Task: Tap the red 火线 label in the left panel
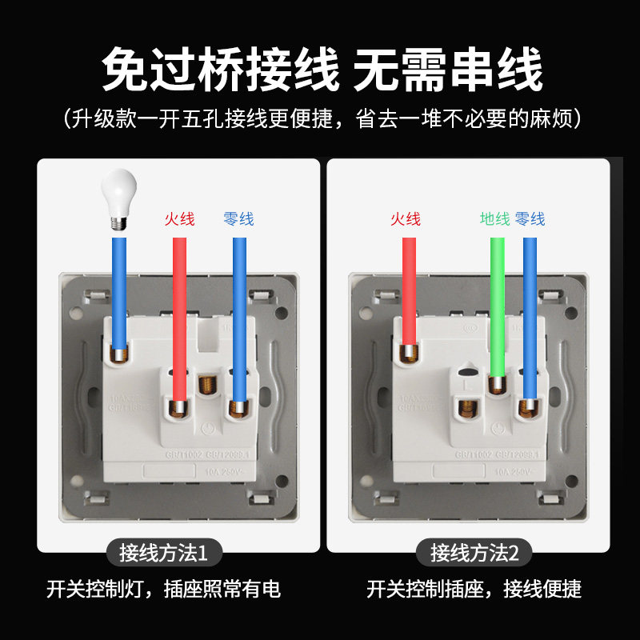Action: (x=180, y=218)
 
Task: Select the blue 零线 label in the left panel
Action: (x=239, y=218)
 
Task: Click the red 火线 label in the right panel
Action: (x=406, y=218)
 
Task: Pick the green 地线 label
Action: (x=494, y=218)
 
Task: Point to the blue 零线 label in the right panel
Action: (x=530, y=218)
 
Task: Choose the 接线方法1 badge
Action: (x=163, y=552)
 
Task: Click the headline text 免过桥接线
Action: (x=220, y=70)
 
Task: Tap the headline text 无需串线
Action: (x=447, y=70)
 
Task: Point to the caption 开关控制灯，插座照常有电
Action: (x=163, y=590)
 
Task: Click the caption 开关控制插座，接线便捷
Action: (x=474, y=590)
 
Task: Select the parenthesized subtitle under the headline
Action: (x=320, y=118)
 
